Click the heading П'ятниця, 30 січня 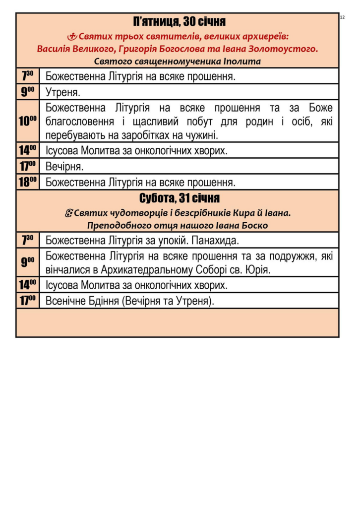180,22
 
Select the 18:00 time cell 28,182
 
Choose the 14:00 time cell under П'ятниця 28,150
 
